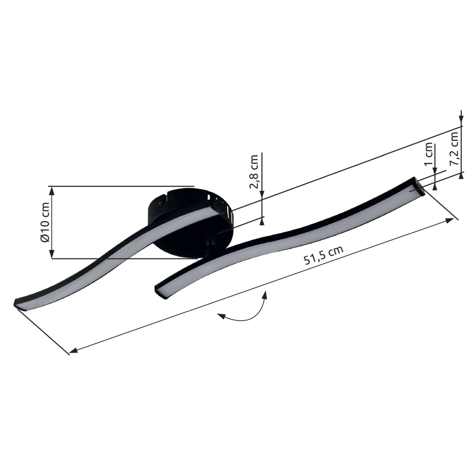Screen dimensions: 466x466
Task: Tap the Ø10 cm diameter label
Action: coord(45,222)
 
